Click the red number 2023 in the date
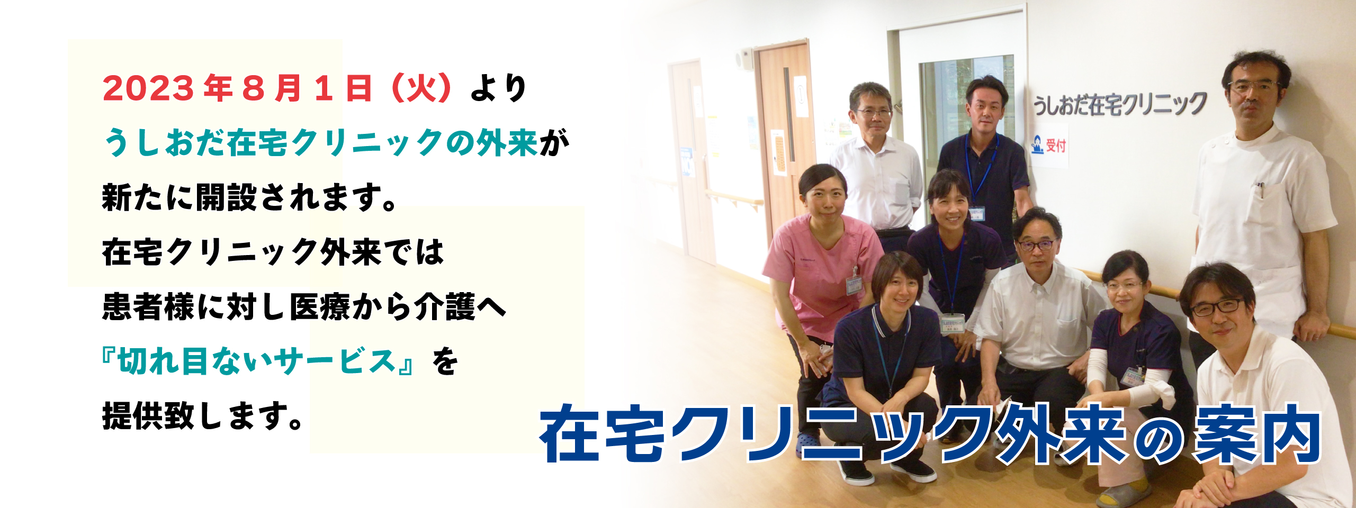click(x=148, y=88)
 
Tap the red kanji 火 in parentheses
click(x=422, y=88)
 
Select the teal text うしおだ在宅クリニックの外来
click(x=321, y=143)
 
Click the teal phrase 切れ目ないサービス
click(x=257, y=361)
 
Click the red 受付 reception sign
click(x=1055, y=145)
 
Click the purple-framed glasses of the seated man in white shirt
click(x=1036, y=245)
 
